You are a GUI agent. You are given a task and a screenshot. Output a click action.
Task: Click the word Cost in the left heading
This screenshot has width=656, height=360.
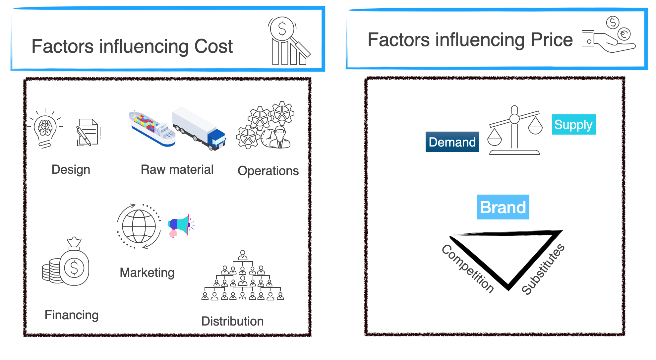point(213,46)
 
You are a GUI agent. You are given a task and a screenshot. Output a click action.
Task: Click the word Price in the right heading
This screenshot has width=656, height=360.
point(552,40)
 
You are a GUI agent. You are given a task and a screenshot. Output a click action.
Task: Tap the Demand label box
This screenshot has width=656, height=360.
point(452,142)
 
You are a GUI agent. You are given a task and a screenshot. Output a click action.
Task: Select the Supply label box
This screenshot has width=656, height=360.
point(573,125)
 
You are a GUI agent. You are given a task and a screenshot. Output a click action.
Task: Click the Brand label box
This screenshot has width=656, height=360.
point(503,207)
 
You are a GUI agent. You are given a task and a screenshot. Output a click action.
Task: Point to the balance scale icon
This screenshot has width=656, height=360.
point(514,131)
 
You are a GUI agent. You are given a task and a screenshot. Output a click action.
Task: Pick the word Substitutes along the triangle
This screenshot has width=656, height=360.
point(543,269)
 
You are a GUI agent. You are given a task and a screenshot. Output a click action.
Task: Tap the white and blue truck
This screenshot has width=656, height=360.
point(199,129)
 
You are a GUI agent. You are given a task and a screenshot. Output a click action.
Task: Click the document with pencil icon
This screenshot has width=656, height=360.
point(88,132)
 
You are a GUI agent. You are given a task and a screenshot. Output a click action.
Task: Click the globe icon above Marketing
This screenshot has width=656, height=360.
point(139,226)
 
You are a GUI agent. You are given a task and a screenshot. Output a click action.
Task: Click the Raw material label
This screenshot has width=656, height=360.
point(177,169)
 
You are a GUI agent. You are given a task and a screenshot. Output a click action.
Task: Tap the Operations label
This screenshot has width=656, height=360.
point(268,171)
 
